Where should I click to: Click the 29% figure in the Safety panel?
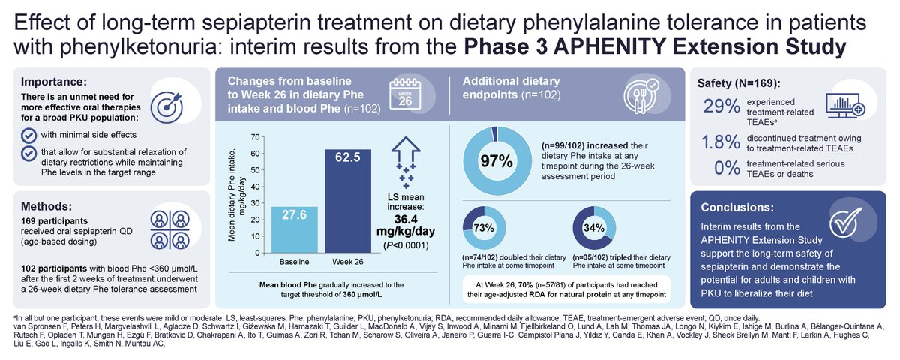pos(720,107)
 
